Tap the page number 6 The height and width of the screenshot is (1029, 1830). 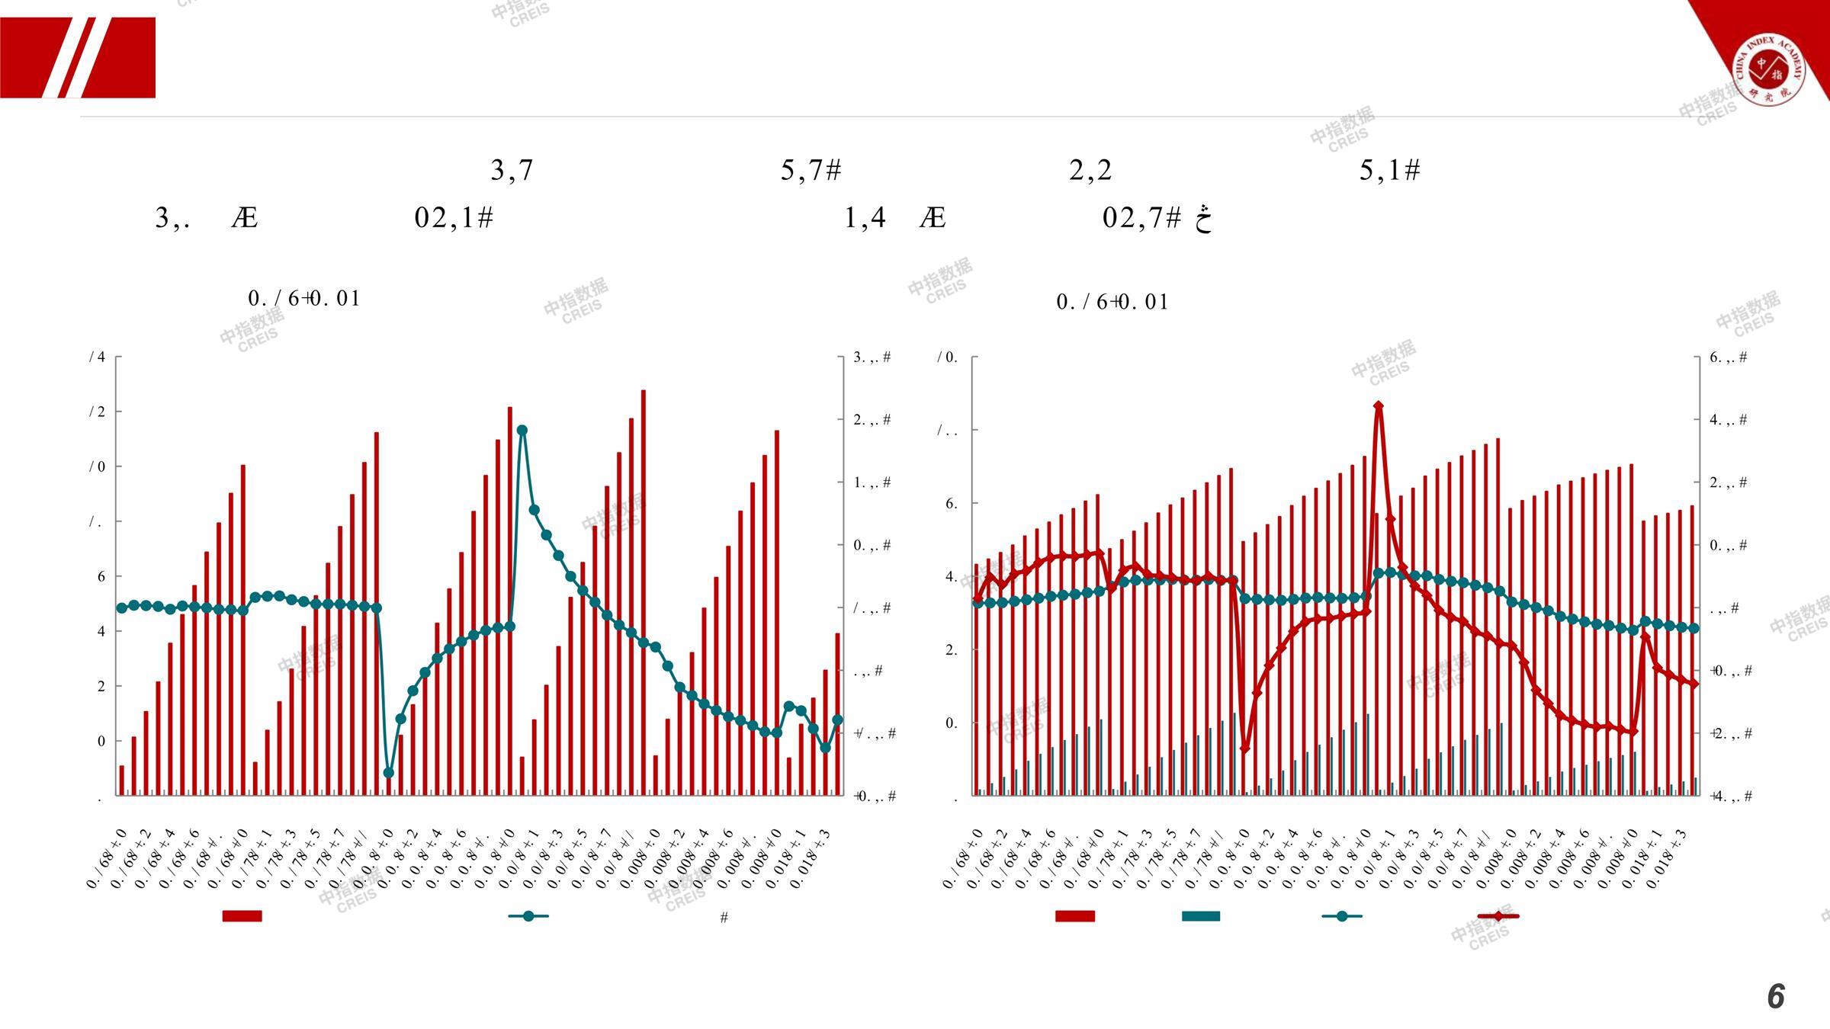1776,996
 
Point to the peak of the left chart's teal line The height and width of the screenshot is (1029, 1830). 522,431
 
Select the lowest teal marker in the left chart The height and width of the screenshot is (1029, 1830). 388,773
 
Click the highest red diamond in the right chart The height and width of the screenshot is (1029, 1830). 1378,406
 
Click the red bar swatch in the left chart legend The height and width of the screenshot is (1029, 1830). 242,916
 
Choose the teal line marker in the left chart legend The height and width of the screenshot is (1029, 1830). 528,916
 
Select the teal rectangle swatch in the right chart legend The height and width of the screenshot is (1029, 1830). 1200,916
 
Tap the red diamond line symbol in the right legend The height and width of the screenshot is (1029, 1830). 1498,916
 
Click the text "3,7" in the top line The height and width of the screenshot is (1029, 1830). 512,170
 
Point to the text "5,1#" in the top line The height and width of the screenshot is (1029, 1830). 1389,170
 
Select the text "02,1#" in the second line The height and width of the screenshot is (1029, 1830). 454,218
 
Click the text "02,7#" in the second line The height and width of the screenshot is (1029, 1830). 1141,218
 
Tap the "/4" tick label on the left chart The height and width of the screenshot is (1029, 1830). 98,357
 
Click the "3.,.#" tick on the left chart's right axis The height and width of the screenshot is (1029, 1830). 872,357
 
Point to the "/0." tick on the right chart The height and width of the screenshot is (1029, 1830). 947,357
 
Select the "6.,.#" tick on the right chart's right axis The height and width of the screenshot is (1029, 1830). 1728,357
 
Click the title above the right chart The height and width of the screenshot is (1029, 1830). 1112,302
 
